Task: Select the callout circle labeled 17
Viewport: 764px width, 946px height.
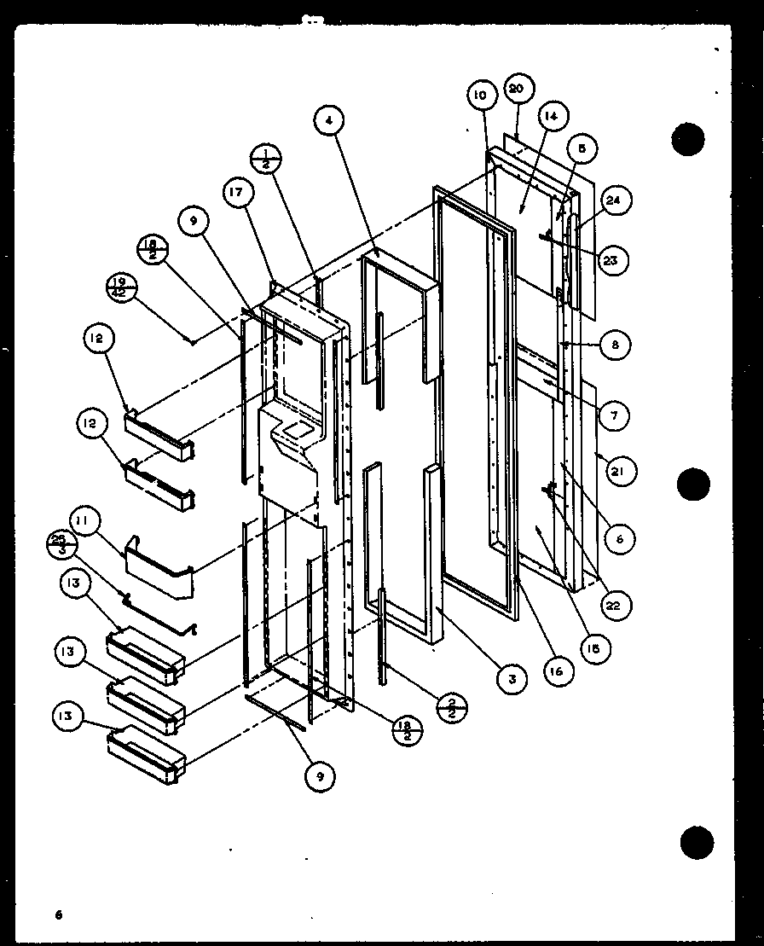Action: tap(237, 194)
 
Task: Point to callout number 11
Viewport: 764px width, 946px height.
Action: tap(86, 519)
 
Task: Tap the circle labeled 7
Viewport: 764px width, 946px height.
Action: tap(614, 415)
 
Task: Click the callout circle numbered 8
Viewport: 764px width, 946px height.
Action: tap(614, 345)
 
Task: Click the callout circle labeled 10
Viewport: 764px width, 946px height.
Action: tap(480, 95)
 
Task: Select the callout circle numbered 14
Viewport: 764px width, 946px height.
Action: tap(550, 118)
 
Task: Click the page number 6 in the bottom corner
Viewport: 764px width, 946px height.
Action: tap(59, 915)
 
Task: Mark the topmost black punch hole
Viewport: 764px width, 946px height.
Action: tap(688, 139)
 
